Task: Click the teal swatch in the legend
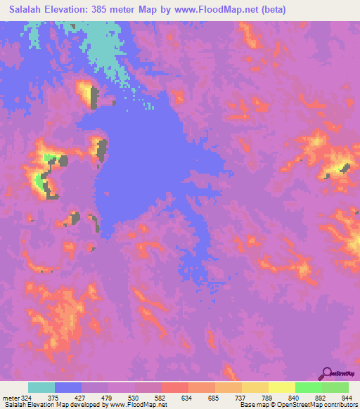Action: pyautogui.click(x=41, y=387)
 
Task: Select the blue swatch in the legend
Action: pyautogui.click(x=68, y=387)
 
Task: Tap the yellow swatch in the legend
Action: pyautogui.click(x=281, y=387)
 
